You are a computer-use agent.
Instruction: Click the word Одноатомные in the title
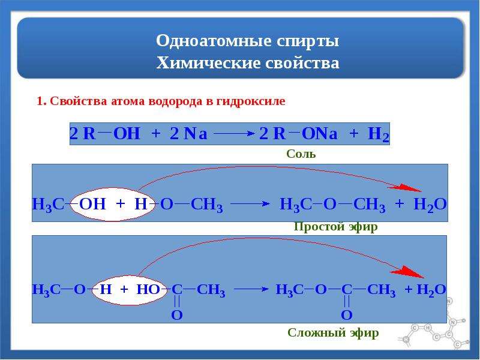(x=214, y=40)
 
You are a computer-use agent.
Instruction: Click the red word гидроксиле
(x=251, y=101)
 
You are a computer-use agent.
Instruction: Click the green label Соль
(x=301, y=154)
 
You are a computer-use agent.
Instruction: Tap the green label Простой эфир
(x=335, y=227)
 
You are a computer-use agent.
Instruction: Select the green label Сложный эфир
(x=333, y=333)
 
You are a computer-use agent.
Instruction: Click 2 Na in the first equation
(x=188, y=134)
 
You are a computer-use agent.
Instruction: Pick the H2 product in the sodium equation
(x=379, y=134)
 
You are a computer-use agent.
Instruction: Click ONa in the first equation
(x=319, y=134)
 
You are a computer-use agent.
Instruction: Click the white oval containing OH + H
(x=113, y=204)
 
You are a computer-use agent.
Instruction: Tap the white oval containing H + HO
(x=130, y=290)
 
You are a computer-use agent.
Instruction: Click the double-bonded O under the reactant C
(x=176, y=315)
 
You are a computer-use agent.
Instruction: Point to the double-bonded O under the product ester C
(x=347, y=315)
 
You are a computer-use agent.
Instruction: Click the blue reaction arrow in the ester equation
(x=251, y=289)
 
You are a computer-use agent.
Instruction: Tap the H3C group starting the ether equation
(x=48, y=205)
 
